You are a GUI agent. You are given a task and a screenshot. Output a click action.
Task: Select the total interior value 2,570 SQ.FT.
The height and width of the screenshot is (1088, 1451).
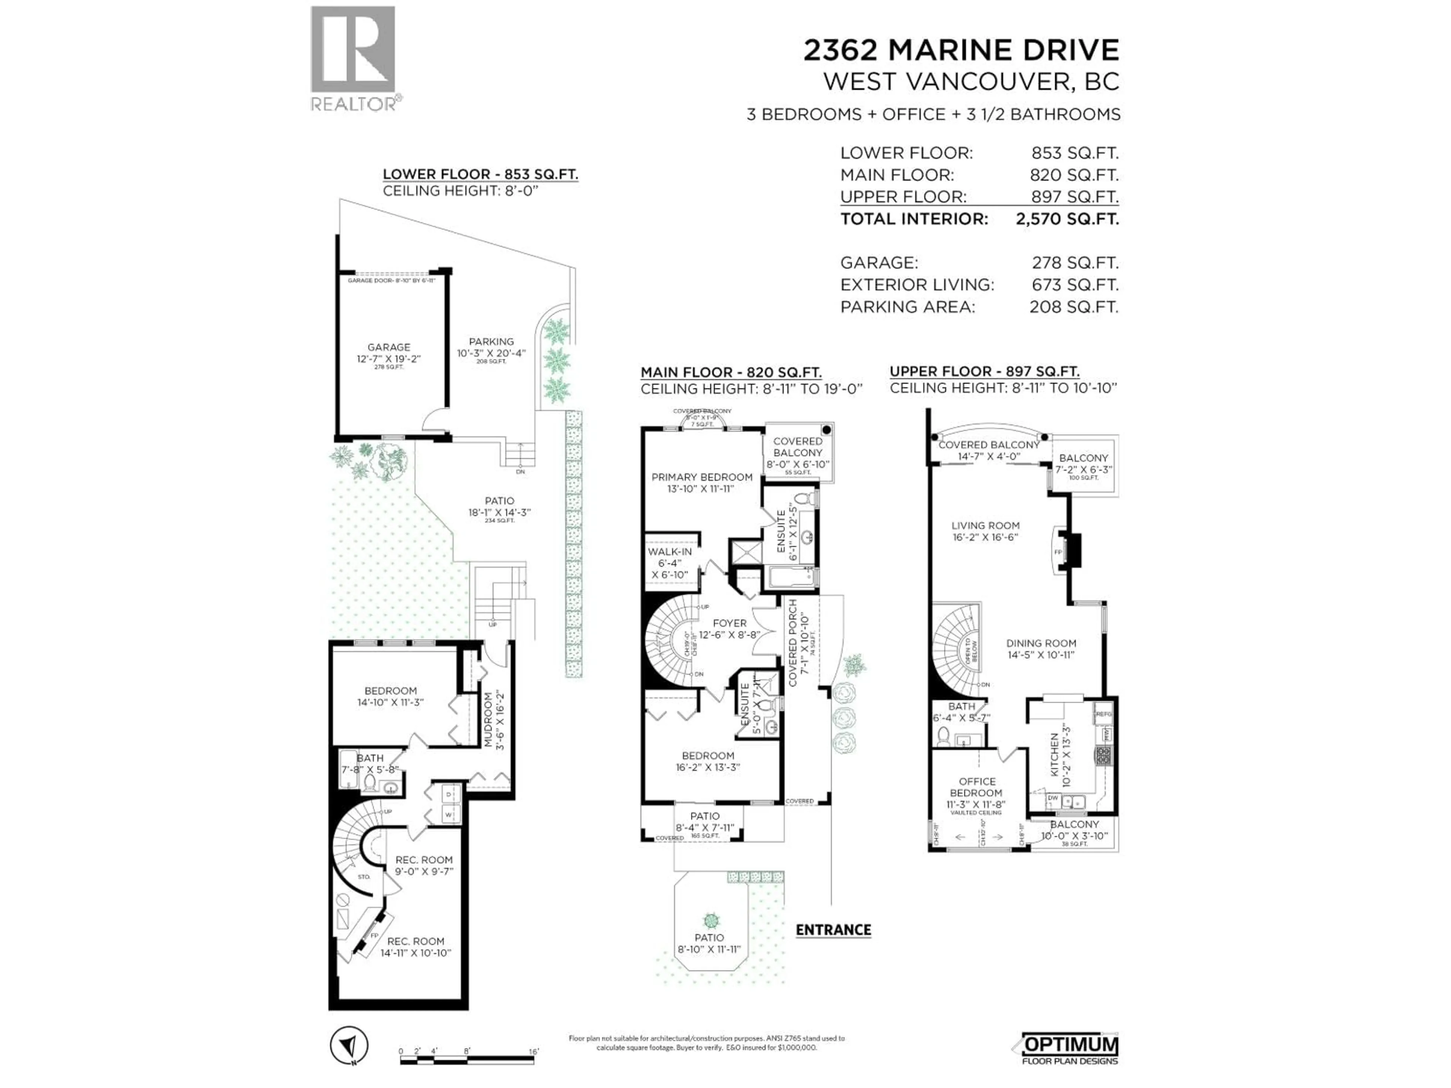(1067, 219)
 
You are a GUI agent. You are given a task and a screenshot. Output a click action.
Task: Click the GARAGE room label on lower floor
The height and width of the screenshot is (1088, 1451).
(388, 348)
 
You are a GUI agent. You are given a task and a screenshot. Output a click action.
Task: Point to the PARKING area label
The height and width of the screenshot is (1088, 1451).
(491, 342)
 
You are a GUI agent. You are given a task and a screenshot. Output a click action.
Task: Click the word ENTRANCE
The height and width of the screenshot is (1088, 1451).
(833, 929)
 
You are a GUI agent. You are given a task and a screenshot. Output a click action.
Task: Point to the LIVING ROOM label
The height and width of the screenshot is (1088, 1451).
(985, 525)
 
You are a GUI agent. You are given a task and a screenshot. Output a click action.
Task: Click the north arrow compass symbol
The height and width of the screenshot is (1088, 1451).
(350, 1045)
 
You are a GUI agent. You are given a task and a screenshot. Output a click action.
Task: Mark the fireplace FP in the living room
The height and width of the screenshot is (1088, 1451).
(1057, 552)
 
